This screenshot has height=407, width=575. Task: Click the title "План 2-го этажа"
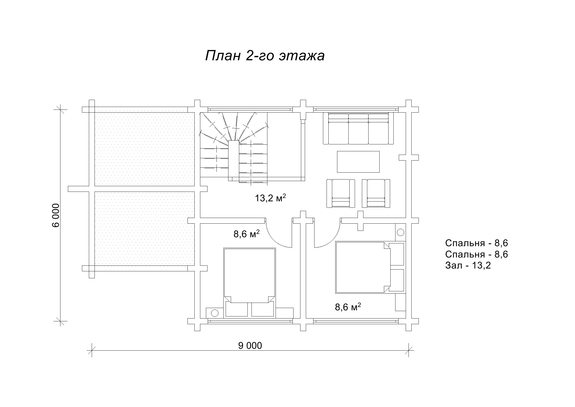(265, 56)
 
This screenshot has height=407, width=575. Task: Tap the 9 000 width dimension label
(250, 346)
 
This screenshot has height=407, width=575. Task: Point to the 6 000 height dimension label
(56, 215)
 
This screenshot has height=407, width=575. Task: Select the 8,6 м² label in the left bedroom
(246, 234)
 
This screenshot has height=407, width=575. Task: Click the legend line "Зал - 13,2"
(468, 265)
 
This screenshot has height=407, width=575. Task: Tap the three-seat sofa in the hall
(358, 128)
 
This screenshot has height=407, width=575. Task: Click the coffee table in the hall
(358, 162)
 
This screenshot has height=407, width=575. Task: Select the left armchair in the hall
(341, 193)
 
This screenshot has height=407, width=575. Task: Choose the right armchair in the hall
(376, 193)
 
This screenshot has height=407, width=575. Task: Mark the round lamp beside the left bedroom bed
(215, 313)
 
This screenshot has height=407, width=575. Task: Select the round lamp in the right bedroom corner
(401, 233)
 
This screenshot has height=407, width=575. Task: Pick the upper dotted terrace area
(144, 149)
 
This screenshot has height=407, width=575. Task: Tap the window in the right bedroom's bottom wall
(356, 321)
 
